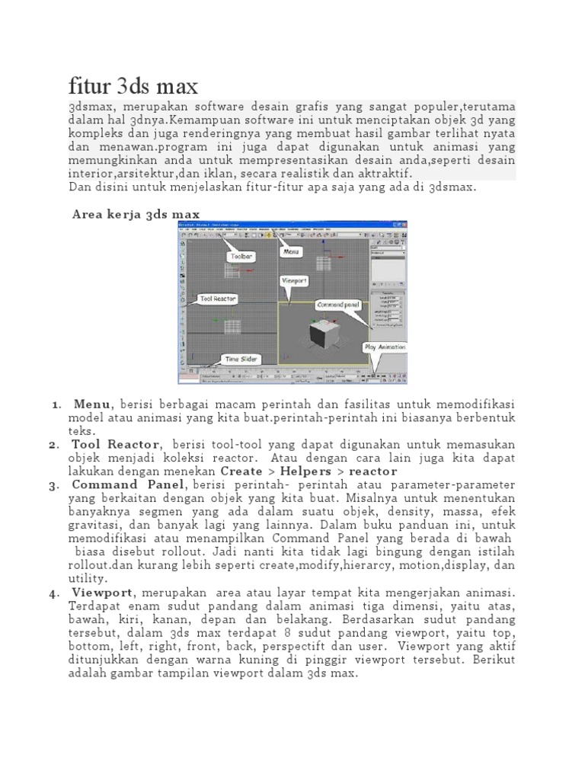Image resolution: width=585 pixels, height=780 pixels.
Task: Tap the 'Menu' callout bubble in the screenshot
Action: pos(291,250)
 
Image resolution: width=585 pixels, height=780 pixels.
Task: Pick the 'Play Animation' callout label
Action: pos(385,347)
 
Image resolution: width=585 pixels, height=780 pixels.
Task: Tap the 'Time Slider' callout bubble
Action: pos(241,358)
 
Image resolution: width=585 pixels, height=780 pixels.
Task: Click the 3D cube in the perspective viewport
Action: pos(313,332)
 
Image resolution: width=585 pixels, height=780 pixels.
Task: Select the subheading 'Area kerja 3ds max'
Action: pos(136,214)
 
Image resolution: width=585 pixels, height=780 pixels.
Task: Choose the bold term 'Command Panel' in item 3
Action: pos(127,485)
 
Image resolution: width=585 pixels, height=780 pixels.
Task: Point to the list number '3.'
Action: pos(53,486)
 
